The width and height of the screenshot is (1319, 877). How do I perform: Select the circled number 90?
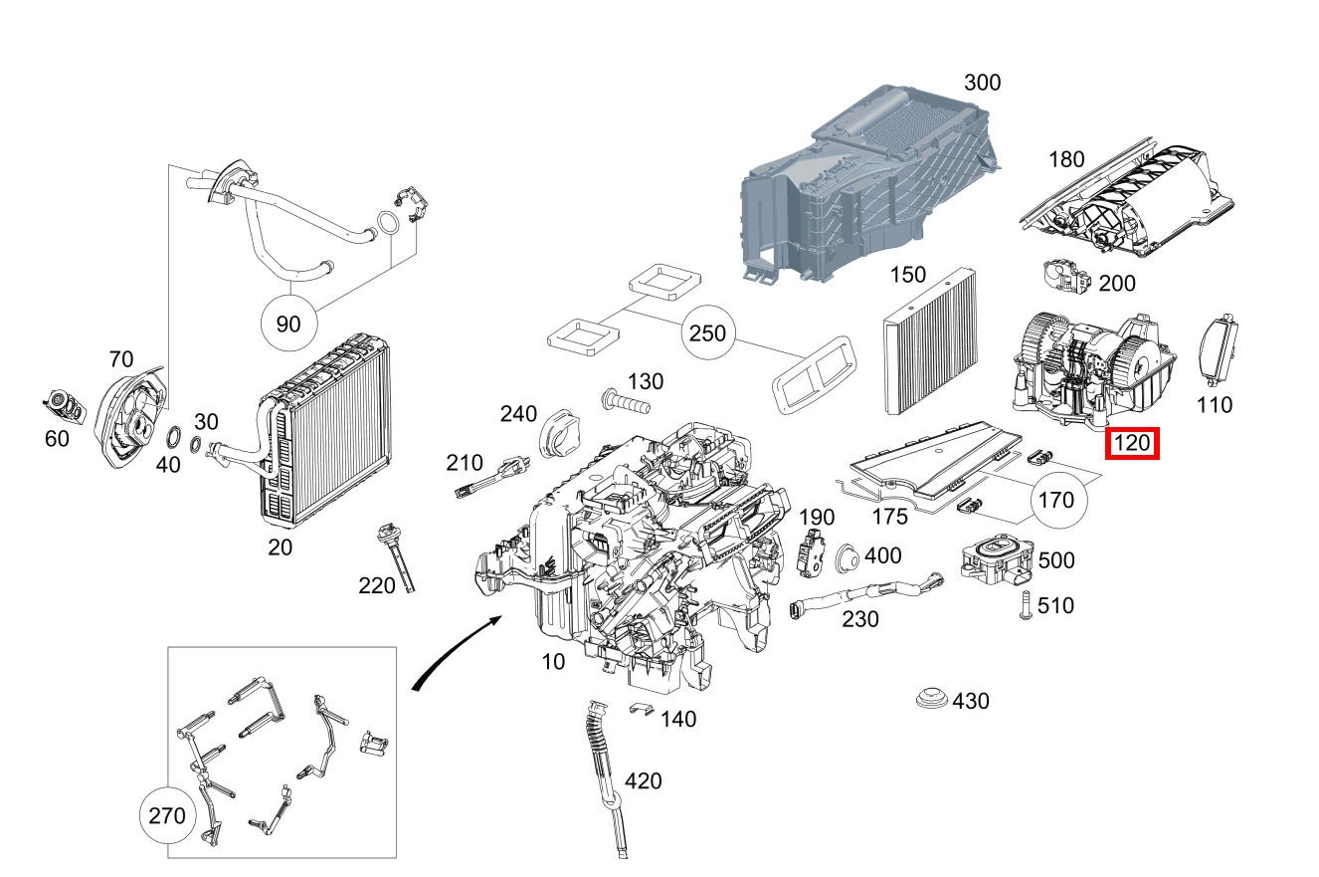coord(287,325)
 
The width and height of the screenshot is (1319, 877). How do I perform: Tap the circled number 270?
coord(166,816)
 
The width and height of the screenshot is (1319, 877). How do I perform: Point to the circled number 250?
coord(707,333)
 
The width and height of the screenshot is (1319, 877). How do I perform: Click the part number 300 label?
coord(982,83)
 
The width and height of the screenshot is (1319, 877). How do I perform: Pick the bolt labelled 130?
coord(624,404)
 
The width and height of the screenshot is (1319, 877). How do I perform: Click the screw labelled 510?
coord(1024,606)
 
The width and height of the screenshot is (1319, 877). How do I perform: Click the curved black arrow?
coord(454,653)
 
